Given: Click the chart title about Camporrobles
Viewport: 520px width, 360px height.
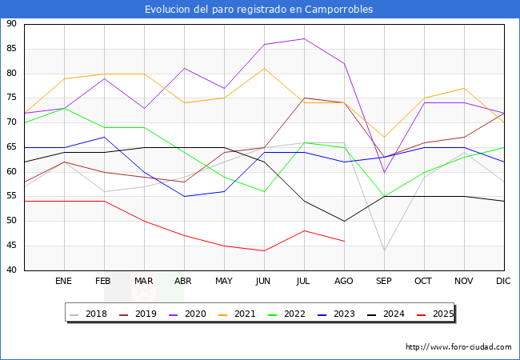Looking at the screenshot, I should pos(259,10).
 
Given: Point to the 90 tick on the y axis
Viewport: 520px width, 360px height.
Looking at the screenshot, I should pos(11,24).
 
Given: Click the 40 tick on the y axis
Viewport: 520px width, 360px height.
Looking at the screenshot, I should pos(11,270).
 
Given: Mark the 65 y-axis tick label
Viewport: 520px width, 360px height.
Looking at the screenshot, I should pos(11,147).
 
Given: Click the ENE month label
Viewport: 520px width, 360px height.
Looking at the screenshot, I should pos(65,282).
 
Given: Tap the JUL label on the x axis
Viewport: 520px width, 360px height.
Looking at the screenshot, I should pos(304,282).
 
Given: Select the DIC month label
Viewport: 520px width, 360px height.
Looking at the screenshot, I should pos(503,282).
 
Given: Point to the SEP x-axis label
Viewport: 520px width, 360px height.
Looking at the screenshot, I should pos(384,282).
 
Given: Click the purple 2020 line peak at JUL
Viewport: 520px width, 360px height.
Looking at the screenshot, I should pos(304,38).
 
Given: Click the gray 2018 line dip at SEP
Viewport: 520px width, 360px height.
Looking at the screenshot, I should pos(384,250).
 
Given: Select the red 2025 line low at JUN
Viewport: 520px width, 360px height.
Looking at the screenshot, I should pos(264,250).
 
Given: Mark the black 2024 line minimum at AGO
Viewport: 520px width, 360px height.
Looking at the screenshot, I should pos(344,221).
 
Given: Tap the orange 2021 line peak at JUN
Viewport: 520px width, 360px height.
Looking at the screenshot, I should pos(264,68).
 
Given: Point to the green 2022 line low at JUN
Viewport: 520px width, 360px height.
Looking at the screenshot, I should pos(264,191).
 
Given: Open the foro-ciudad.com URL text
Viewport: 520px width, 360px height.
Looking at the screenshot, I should pos(458,347).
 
